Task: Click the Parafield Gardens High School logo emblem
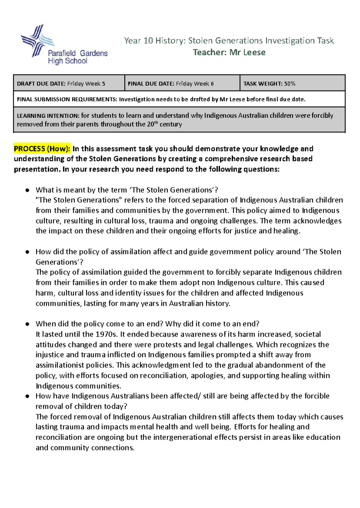click(37, 41)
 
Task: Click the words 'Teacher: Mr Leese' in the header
click(229, 52)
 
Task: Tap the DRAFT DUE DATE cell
click(69, 84)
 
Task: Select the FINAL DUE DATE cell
click(182, 84)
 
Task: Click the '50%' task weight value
click(290, 84)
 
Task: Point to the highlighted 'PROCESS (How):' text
click(42, 149)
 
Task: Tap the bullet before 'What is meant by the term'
click(27, 190)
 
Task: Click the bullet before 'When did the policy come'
click(27, 324)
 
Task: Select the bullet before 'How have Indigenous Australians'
click(27, 396)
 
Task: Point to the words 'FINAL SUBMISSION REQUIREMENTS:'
click(67, 100)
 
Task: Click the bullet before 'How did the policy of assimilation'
click(27, 252)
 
